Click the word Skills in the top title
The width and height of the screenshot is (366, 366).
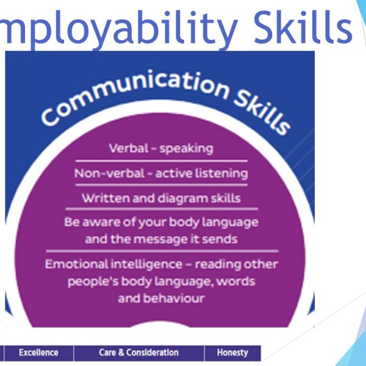click(303, 27)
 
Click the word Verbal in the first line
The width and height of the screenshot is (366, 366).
click(129, 148)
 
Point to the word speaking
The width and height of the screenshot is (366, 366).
click(186, 149)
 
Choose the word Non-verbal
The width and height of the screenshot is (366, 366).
click(109, 173)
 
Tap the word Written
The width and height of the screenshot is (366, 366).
click(106, 198)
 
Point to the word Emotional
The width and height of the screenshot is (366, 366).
click(76, 264)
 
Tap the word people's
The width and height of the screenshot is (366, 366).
click(93, 282)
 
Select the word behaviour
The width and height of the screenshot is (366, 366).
click(174, 298)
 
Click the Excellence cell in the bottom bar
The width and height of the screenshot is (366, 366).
click(39, 353)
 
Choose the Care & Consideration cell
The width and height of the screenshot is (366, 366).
click(139, 353)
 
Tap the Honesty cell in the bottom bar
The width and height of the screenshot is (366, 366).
click(232, 353)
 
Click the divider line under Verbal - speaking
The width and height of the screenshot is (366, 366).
click(161, 161)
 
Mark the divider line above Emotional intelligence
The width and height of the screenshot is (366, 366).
click(162, 251)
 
